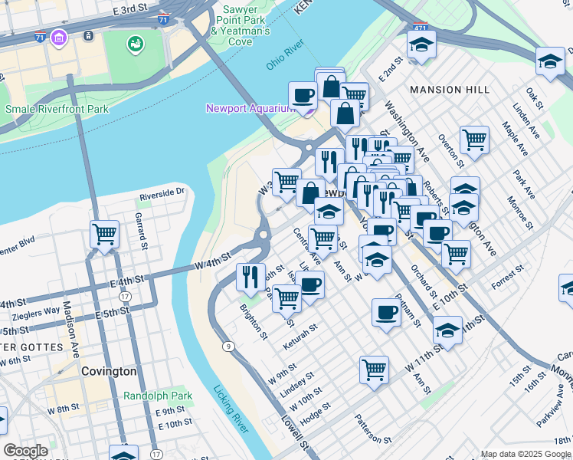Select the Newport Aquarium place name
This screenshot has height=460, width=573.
click(x=250, y=108)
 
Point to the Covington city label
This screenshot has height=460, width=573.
click(x=109, y=371)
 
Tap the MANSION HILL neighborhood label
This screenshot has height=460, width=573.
click(x=450, y=90)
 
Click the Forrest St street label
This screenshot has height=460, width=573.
click(x=507, y=277)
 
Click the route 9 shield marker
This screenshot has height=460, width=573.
click(x=228, y=347)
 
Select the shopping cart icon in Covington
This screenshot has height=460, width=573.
click(x=104, y=234)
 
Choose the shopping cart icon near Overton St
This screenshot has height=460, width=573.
click(x=474, y=140)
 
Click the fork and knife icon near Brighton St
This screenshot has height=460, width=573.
click(x=250, y=275)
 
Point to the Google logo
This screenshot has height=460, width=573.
click(x=26, y=451)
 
